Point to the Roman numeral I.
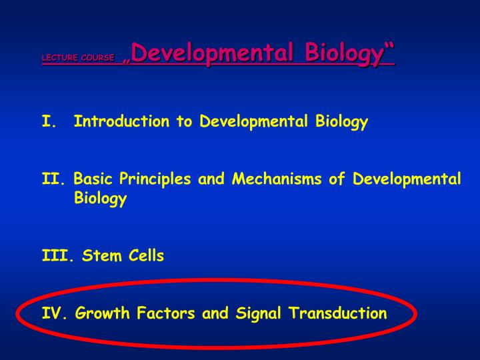47,121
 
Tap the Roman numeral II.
52,179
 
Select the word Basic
94,179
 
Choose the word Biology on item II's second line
100,199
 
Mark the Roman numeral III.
56,256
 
